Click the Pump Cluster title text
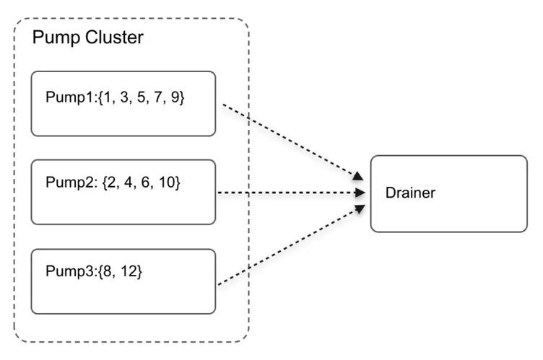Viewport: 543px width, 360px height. click(x=87, y=38)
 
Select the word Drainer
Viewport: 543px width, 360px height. click(x=410, y=193)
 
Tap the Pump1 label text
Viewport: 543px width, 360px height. click(x=69, y=97)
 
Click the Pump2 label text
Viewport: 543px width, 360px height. click(x=69, y=183)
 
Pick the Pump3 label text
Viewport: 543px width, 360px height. click(x=69, y=271)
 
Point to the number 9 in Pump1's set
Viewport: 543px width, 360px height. click(x=175, y=97)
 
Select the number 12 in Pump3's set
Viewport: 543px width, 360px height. click(x=128, y=271)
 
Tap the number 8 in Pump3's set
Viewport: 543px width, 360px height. click(x=108, y=271)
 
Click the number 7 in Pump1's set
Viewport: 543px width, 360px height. click(x=158, y=97)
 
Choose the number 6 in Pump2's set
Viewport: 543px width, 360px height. click(x=145, y=182)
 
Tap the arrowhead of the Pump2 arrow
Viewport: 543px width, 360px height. click(x=360, y=193)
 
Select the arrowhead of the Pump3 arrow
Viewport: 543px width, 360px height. click(x=360, y=208)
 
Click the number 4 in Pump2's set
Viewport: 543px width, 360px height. click(x=128, y=182)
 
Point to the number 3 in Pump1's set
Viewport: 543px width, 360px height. click(x=124, y=97)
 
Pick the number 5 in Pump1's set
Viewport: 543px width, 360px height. click(x=141, y=97)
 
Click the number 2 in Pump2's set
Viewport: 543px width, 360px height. click(x=111, y=182)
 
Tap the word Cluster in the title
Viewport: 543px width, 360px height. click(x=114, y=37)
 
